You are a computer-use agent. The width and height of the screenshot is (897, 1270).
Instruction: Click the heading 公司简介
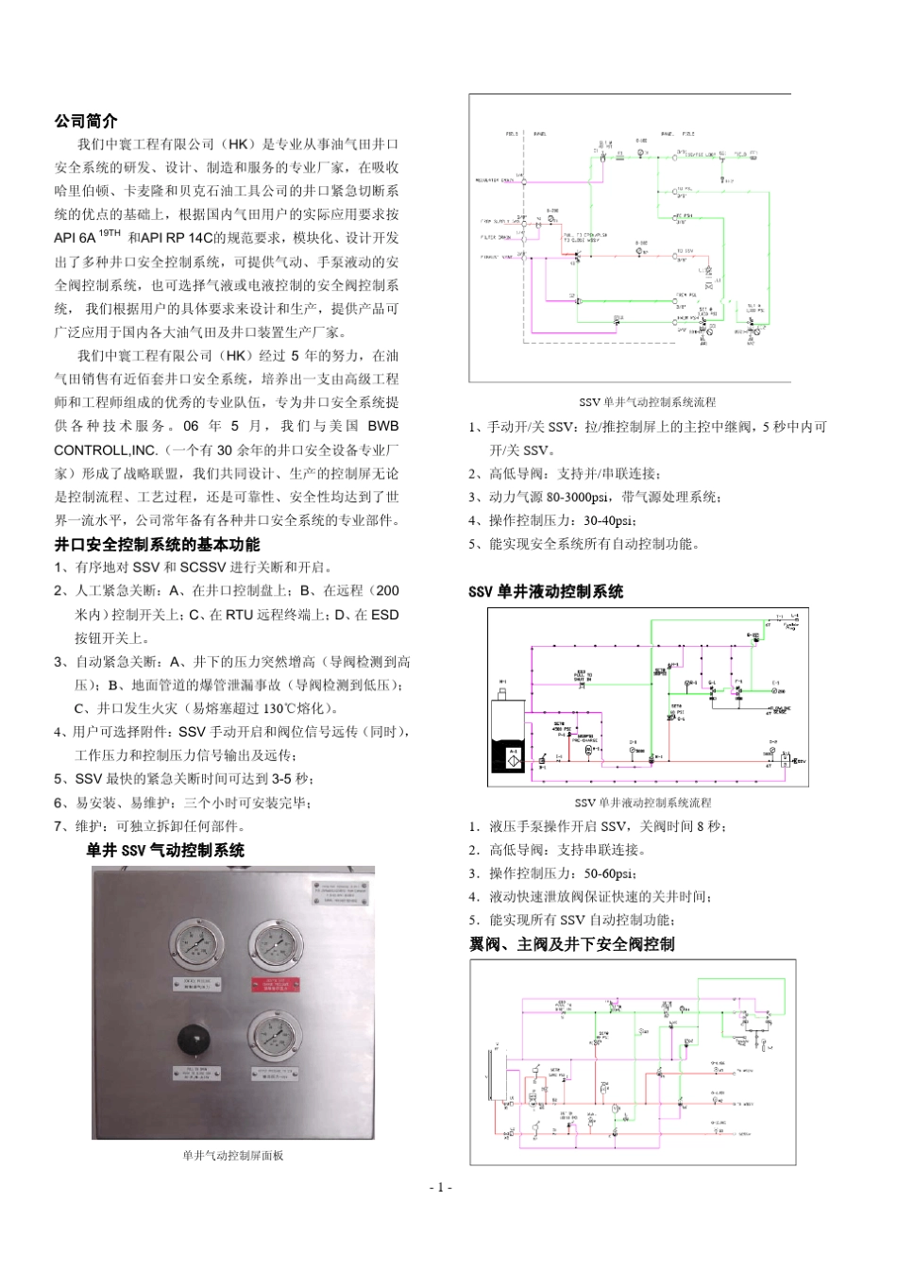86,121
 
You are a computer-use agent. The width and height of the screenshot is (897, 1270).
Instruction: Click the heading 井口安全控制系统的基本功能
157,544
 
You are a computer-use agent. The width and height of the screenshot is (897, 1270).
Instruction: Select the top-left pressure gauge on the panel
197,944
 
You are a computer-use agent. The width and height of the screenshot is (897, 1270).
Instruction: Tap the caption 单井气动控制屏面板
233,1155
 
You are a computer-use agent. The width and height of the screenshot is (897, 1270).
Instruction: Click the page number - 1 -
441,1187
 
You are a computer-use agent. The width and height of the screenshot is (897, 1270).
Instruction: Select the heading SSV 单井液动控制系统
546,591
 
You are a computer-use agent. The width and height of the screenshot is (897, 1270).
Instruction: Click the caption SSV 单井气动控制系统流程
647,402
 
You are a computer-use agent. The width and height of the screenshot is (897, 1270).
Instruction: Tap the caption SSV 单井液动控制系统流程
643,803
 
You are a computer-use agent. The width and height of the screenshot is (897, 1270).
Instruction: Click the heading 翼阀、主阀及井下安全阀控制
571,944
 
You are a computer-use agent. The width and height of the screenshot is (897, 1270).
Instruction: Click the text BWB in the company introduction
383,426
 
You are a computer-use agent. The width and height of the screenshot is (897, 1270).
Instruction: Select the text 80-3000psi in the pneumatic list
577,497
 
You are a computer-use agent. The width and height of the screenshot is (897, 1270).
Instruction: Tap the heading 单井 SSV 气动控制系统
165,850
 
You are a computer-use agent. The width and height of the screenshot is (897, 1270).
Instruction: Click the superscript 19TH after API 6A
110,233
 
